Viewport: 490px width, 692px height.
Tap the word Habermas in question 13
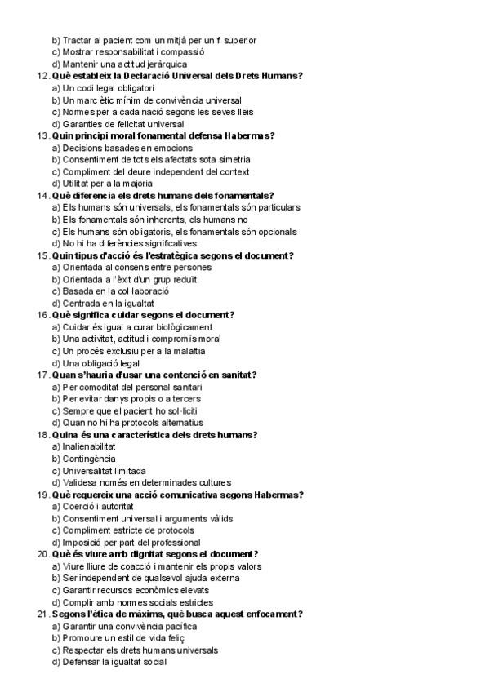coord(249,135)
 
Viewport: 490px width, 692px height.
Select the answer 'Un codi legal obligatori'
coord(103,88)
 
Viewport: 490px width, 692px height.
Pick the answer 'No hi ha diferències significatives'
coord(124,243)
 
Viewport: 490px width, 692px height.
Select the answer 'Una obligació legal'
coord(96,363)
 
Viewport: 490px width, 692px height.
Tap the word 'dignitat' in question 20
coord(147,554)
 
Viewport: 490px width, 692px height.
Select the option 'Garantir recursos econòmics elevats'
coord(130,590)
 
